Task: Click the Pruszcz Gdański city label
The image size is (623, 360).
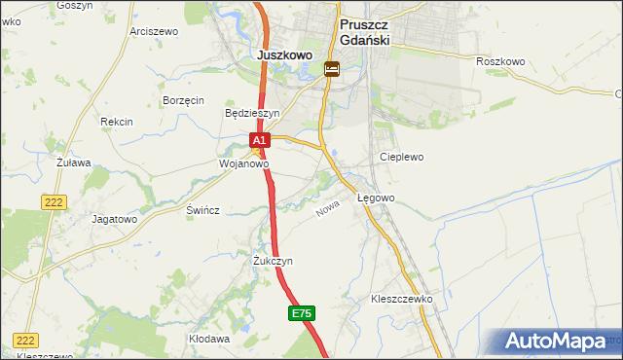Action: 364,30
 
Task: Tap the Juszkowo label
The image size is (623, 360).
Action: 284,55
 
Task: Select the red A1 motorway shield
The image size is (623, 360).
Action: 259,141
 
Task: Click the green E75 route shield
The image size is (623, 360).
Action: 302,313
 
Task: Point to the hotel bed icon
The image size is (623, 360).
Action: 332,69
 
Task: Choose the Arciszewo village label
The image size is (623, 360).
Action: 154,31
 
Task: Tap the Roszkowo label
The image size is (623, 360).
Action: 500,61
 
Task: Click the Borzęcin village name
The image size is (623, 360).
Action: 183,100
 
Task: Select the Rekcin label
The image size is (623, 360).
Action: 116,122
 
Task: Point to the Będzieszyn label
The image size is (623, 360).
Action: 251,113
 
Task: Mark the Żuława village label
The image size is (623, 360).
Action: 73,162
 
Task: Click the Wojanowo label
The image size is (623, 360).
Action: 243,164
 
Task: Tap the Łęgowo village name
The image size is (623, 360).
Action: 376,198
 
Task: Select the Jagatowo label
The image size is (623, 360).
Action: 114,219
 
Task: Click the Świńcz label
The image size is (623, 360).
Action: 203,210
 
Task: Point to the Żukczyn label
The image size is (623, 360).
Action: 273,262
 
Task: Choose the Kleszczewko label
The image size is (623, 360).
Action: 401,300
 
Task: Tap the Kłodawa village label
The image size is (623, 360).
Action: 209,340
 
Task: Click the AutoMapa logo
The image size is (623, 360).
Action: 558,342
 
